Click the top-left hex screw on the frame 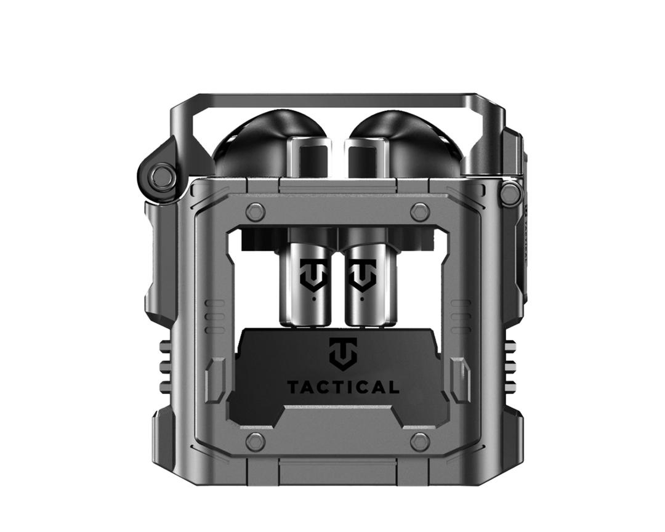coord(255,212)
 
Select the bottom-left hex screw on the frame coord(255,441)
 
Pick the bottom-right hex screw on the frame coord(420,441)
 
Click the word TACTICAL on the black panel coord(342,387)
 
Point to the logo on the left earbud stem coord(312,275)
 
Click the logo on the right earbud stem coord(362,275)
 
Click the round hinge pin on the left coord(163,177)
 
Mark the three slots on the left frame coord(214,317)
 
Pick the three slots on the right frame coord(461,317)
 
